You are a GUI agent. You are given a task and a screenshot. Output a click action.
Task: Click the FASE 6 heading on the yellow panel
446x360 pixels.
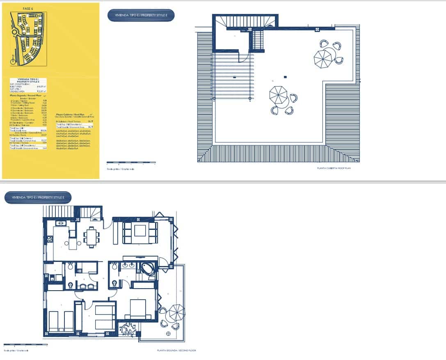(28, 8)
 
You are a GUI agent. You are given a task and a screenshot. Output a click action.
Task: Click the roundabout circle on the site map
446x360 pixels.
(14, 32)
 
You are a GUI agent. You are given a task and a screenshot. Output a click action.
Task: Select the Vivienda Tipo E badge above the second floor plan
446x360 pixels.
(38, 197)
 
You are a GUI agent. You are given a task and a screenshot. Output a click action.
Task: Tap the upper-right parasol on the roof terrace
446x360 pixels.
(323, 57)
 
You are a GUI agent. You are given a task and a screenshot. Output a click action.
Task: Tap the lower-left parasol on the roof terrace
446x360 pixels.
(279, 96)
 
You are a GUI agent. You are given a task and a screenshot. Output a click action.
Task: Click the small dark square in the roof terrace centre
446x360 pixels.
(285, 77)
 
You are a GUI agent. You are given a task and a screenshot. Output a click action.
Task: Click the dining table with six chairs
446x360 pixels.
(91, 237)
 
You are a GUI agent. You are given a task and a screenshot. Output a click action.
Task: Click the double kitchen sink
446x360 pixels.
(62, 224)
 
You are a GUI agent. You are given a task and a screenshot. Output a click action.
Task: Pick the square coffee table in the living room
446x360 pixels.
(140, 231)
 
